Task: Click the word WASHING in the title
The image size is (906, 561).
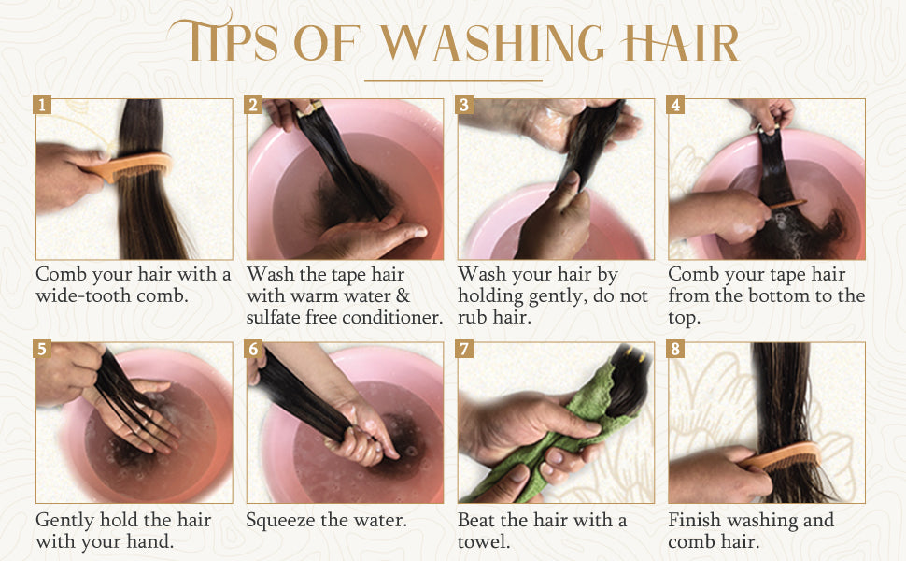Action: (x=491, y=43)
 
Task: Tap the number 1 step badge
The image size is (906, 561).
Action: (x=42, y=105)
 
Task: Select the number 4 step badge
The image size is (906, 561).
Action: (x=675, y=105)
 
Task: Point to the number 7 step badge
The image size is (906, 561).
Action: (x=464, y=349)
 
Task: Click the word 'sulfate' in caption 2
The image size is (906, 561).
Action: (x=274, y=317)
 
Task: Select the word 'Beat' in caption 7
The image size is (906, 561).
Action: (x=475, y=520)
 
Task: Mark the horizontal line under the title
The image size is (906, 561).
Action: (x=454, y=81)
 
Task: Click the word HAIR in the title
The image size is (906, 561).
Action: (x=680, y=43)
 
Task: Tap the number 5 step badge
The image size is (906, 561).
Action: (x=42, y=349)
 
